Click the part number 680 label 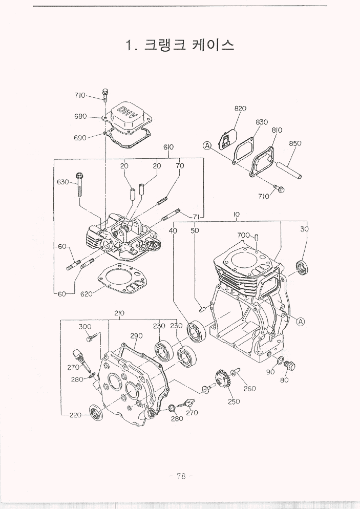80,116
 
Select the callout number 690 80,137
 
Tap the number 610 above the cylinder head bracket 168,147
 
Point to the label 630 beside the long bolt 63,182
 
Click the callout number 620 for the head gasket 87,294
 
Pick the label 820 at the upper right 240,108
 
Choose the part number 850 295,143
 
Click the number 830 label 262,122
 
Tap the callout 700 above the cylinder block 244,235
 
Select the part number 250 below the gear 234,401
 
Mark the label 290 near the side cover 136,336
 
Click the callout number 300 85,326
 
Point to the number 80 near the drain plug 285,380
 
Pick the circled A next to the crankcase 301,322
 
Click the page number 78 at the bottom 180,476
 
